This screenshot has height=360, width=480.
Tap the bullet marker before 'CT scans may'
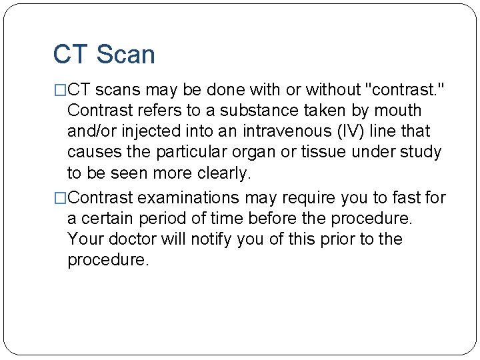click(60, 89)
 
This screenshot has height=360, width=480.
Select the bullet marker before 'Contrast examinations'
click(60, 198)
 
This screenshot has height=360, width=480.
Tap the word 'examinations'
click(189, 198)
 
